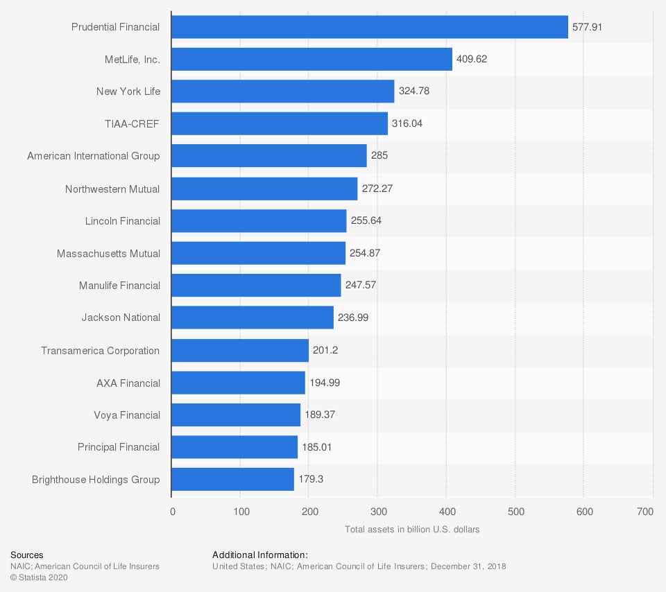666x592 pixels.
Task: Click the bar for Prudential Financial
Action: (x=369, y=27)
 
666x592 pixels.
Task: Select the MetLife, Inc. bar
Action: (x=311, y=59)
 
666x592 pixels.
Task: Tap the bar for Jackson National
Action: (x=253, y=317)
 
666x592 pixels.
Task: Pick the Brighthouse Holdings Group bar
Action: (x=232, y=479)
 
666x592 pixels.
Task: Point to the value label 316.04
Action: (x=407, y=123)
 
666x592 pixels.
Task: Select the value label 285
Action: (x=379, y=156)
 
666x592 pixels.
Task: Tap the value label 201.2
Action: (x=325, y=350)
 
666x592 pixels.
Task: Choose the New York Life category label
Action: (x=128, y=92)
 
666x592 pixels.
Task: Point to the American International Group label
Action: (x=94, y=156)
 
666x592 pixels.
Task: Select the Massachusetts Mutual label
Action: (x=108, y=253)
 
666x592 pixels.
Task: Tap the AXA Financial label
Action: (x=128, y=383)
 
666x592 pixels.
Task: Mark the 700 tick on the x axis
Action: (x=645, y=512)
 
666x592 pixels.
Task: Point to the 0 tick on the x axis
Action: (x=173, y=512)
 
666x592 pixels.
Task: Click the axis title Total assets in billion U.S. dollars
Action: (x=412, y=529)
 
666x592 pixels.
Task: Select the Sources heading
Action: (x=26, y=555)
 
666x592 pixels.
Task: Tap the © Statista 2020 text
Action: (x=39, y=577)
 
